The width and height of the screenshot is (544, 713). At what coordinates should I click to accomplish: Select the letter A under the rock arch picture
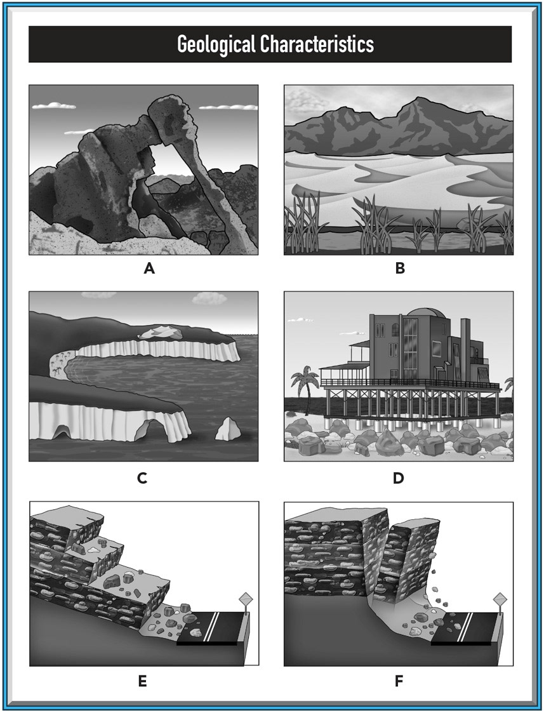coord(149,269)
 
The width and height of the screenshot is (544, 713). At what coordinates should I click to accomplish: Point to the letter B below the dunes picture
coord(400,269)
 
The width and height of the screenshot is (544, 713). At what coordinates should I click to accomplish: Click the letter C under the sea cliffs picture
coord(142,478)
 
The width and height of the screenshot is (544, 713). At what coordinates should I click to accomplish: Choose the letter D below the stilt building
coord(398,478)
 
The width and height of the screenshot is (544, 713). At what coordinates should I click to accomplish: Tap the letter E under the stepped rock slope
coord(142,682)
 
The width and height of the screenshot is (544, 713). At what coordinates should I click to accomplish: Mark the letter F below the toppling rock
coord(399,682)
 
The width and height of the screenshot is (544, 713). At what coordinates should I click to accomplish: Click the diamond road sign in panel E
coord(246,599)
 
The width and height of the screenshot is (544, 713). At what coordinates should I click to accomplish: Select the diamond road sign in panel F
coord(500,599)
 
